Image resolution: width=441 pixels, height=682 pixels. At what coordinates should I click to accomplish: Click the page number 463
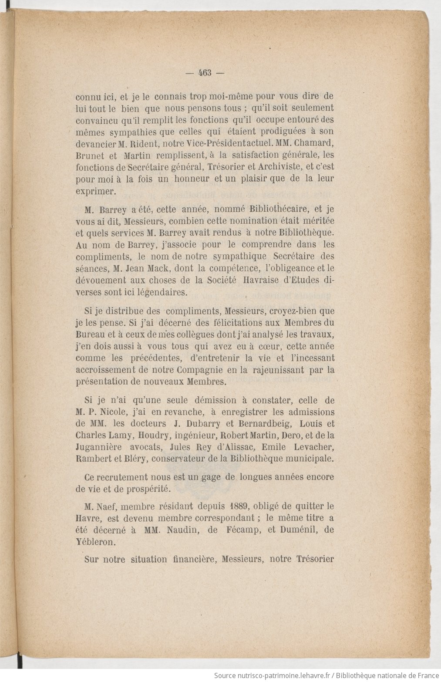tap(205, 73)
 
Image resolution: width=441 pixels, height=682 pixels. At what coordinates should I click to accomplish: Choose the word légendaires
tap(161, 292)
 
